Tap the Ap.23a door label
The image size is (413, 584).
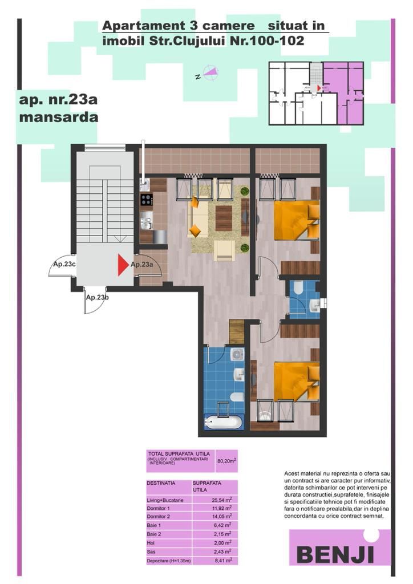(x=141, y=265)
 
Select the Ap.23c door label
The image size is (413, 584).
(x=62, y=265)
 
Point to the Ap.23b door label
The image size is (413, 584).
(x=98, y=297)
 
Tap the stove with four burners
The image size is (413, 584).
(x=147, y=200)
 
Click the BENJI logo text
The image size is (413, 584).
(x=336, y=553)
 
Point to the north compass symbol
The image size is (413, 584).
(x=208, y=73)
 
